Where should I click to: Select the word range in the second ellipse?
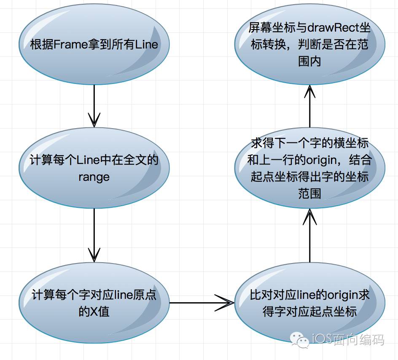pyautogui.click(x=94, y=177)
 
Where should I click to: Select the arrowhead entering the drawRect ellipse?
pyautogui.click(x=310, y=91)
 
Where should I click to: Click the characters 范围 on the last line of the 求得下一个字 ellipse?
pyautogui.click(x=310, y=193)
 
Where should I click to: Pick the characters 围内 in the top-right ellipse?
pyautogui.click(x=310, y=61)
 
